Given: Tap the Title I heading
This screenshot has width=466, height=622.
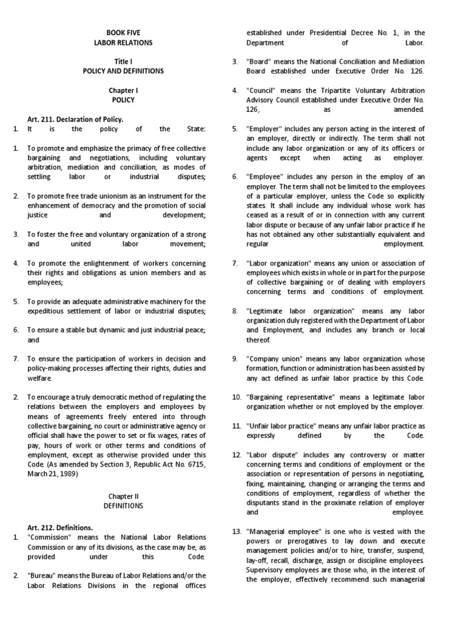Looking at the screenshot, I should click(x=123, y=62).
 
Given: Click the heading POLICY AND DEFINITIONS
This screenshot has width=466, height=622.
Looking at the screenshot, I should click(x=123, y=72).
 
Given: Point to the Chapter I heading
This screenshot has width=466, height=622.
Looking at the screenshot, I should click(x=123, y=91).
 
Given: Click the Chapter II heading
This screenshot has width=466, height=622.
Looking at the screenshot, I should click(x=123, y=496).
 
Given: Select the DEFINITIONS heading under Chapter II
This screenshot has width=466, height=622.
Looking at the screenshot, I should click(x=123, y=505).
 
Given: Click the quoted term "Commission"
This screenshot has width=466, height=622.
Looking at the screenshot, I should click(x=49, y=538).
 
